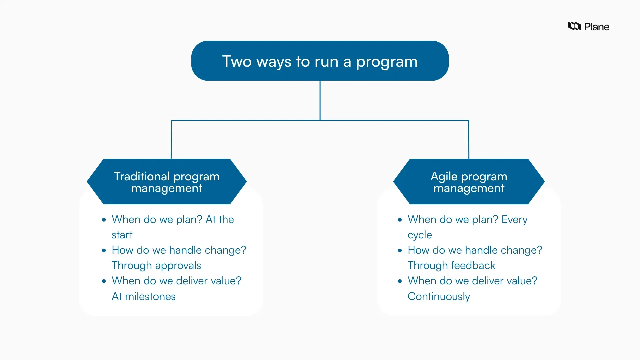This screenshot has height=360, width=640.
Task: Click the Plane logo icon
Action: [x=574, y=26]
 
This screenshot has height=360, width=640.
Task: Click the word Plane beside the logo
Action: [x=597, y=27]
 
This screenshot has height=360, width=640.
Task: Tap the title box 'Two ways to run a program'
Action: [x=320, y=61]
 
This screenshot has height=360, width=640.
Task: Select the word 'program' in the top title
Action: [x=387, y=62]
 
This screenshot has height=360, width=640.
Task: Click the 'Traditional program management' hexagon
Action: [x=167, y=182]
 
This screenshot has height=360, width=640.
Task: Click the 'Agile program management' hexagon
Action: [x=469, y=182]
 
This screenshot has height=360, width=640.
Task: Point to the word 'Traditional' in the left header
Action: [x=142, y=176]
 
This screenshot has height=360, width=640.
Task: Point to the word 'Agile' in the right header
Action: [x=444, y=176]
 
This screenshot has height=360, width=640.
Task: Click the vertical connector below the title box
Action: [x=320, y=100]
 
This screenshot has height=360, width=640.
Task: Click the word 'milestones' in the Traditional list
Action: [x=150, y=296]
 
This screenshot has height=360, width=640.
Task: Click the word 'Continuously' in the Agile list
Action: [x=439, y=296]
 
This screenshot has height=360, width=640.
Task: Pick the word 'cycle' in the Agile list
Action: [x=420, y=235]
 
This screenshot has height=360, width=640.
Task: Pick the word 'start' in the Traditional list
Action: [x=122, y=235]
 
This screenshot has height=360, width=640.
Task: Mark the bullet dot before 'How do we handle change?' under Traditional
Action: [x=104, y=250]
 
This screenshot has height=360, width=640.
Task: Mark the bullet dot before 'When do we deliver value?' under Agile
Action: [x=400, y=281]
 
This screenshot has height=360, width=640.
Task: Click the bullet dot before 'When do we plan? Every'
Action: [x=400, y=220]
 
